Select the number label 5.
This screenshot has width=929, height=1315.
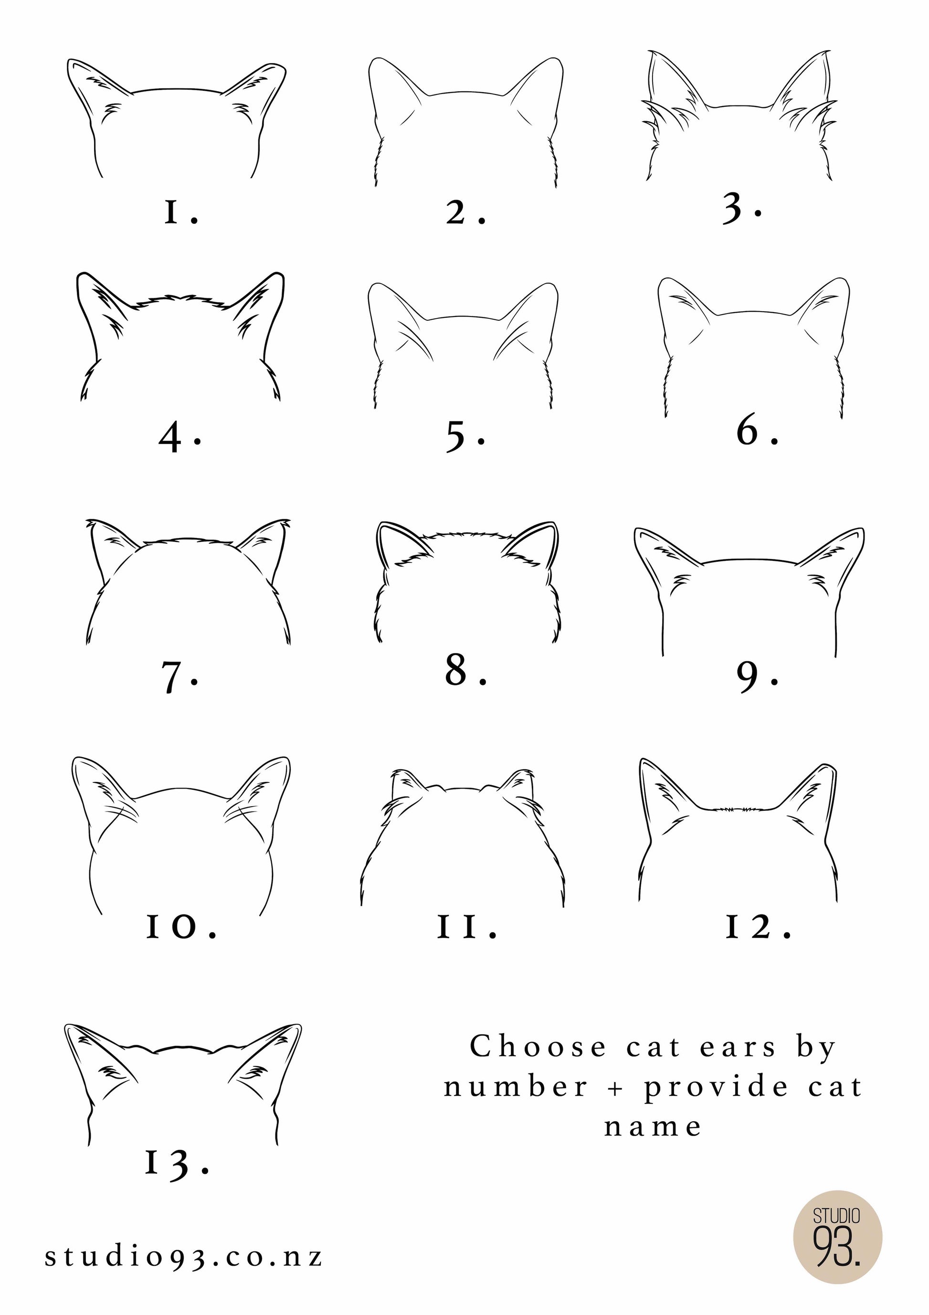(x=465, y=437)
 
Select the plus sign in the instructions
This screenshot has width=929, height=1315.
(x=616, y=1088)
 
